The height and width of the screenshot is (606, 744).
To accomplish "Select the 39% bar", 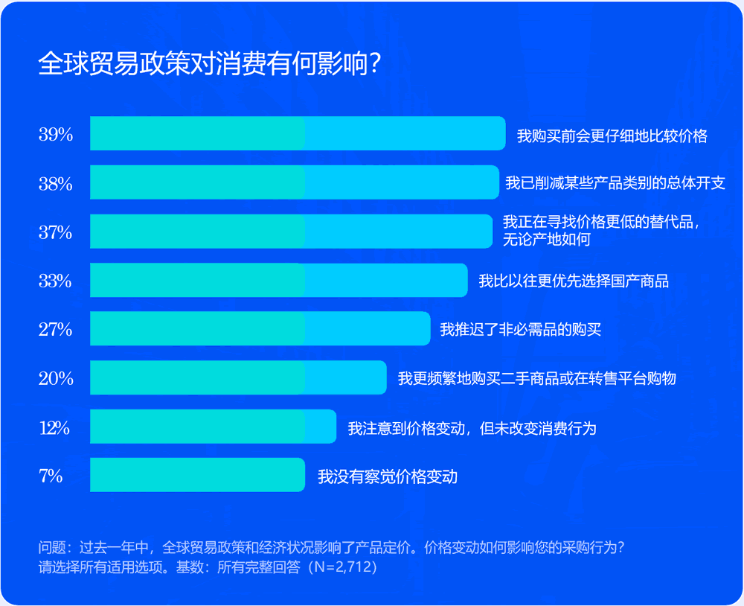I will click(298, 134).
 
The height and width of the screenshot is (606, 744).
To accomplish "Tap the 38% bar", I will click(294, 182).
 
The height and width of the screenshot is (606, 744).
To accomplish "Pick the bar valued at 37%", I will click(291, 231).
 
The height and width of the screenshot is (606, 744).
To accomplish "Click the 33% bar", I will click(279, 280).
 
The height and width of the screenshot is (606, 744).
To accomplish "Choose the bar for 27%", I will click(260, 328).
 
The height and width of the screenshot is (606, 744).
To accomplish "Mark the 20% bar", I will click(238, 377).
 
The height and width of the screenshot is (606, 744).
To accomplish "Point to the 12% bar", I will click(213, 427).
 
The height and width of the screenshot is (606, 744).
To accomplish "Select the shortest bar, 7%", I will click(197, 475).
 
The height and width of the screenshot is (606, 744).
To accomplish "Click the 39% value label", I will click(56, 135).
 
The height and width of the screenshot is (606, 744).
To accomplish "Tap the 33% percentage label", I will click(56, 281).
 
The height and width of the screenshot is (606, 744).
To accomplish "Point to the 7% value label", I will click(51, 476).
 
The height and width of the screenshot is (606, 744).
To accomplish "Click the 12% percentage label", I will click(54, 427).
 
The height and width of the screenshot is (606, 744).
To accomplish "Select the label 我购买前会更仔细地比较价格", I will click(612, 136).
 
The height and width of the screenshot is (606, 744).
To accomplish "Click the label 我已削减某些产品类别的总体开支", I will click(615, 183).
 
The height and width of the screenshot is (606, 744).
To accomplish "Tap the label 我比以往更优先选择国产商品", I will click(574, 281).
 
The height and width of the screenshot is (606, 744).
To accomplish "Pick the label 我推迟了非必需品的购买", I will click(520, 330).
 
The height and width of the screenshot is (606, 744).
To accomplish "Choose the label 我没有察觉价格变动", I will click(388, 476).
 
